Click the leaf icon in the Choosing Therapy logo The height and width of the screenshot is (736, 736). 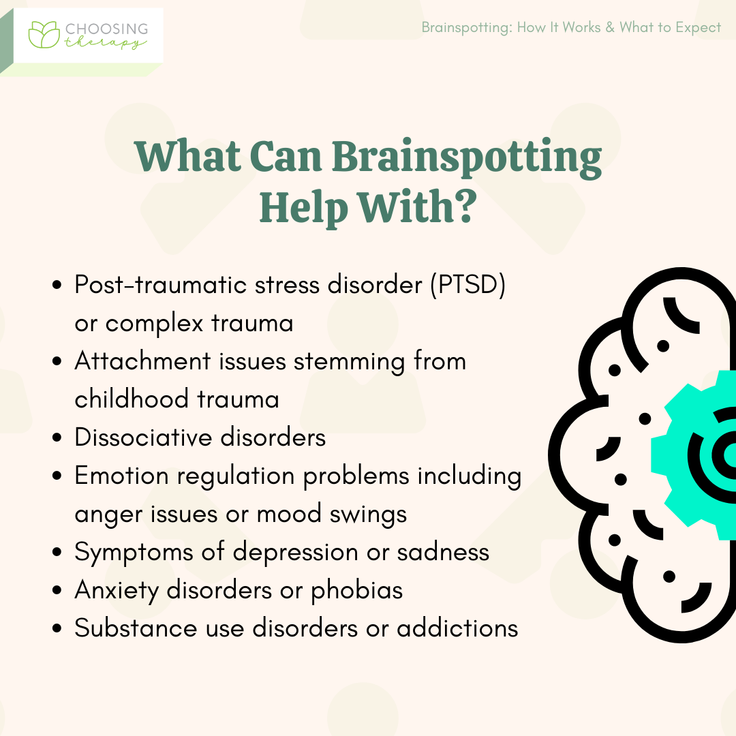(44, 34)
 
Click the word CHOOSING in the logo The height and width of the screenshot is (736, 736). (106, 29)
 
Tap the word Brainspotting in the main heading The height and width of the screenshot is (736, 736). (467, 157)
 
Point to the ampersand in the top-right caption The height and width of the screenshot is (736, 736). (610, 27)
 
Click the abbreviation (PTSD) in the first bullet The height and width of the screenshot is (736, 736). (468, 284)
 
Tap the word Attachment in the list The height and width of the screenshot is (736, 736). (142, 361)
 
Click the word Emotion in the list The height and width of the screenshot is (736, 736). (121, 476)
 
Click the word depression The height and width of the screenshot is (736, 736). (295, 552)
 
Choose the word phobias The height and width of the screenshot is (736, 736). (356, 590)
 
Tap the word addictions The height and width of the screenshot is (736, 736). (457, 628)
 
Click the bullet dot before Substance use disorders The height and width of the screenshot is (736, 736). (57, 628)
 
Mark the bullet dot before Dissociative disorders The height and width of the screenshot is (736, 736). (57, 438)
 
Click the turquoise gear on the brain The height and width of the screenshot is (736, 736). (676, 455)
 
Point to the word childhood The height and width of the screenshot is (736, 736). (132, 399)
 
